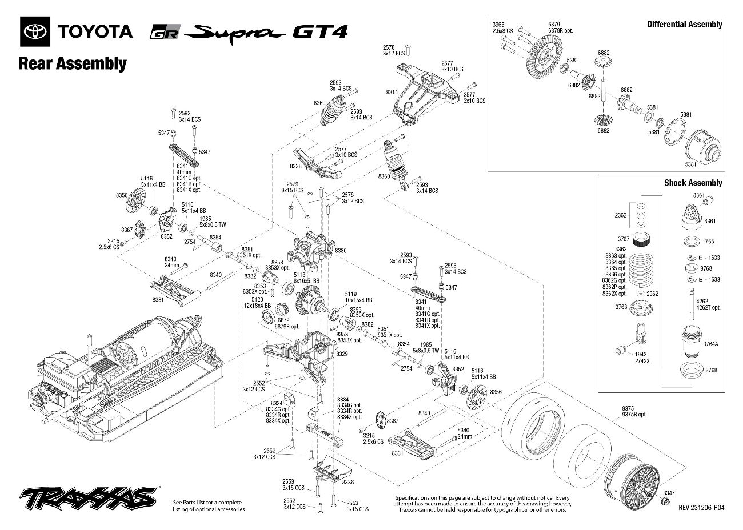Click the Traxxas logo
(x=88, y=499)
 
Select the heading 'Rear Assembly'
(x=72, y=63)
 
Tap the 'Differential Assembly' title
(x=684, y=24)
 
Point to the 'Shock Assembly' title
(x=693, y=183)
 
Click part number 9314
(x=392, y=92)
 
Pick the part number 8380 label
(x=341, y=251)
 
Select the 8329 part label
(x=342, y=354)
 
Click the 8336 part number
(x=347, y=482)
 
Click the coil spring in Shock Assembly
(x=646, y=272)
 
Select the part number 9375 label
(x=628, y=408)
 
